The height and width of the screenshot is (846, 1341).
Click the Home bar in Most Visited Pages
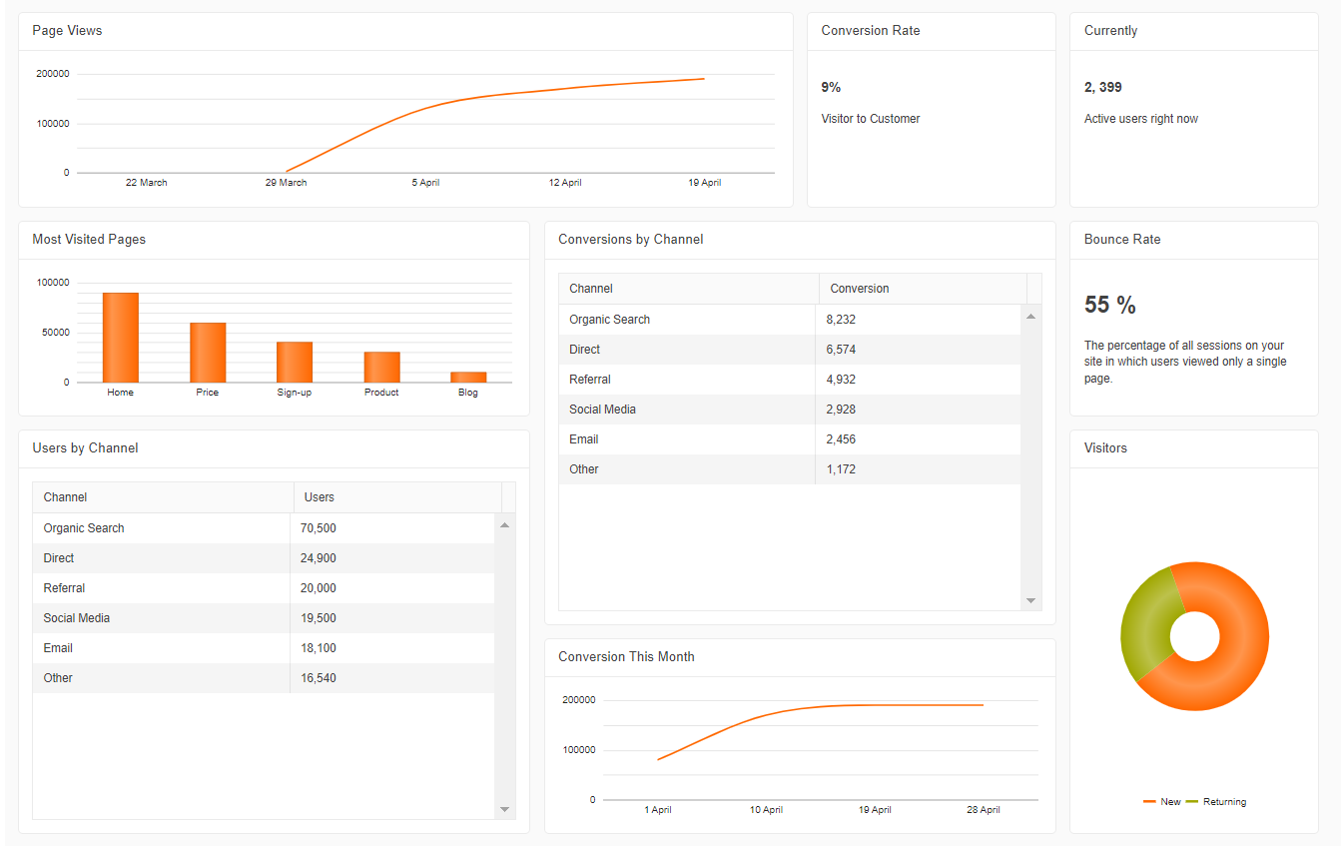[120, 338]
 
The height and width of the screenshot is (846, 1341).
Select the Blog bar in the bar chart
[468, 377]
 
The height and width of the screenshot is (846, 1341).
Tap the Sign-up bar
[295, 362]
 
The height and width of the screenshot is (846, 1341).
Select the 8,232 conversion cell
[841, 320]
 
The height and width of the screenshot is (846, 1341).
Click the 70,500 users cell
[318, 528]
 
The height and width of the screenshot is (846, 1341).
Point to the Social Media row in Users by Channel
[77, 618]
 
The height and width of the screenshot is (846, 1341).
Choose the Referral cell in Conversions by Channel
[590, 380]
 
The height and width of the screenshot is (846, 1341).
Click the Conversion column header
[860, 289]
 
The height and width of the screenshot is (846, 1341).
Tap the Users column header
[320, 497]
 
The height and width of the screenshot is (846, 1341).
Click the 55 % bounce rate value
[1110, 306]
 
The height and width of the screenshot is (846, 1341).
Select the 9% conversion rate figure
[831, 88]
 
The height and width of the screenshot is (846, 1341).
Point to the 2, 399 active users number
[1103, 88]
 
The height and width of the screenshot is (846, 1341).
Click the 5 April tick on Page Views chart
[425, 183]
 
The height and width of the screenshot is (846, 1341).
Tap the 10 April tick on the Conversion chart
[766, 810]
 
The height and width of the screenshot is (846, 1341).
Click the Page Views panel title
[67, 31]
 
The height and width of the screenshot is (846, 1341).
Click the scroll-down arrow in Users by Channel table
[504, 809]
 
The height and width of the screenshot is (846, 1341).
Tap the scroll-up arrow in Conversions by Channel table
[1030, 317]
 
